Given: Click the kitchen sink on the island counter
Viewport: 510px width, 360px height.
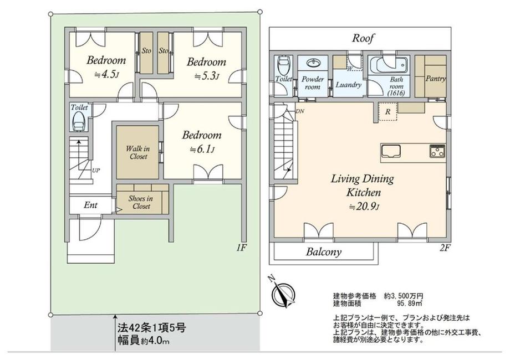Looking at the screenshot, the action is [391, 151].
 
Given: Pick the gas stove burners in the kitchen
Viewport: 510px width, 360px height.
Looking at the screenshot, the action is [437, 151].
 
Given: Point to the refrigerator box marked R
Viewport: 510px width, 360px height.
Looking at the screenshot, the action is [387, 112].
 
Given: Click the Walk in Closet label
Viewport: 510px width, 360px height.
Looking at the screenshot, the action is [138, 153].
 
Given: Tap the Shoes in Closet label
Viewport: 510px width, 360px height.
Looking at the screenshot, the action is [141, 202].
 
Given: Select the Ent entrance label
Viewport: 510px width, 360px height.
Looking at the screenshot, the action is [90, 205].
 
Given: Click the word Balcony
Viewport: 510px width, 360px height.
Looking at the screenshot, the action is [324, 252].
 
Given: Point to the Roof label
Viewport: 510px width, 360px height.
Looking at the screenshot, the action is [363, 38].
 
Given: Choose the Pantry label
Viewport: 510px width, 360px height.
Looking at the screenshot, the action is [436, 79].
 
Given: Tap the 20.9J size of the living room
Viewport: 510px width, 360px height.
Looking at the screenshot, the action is [365, 207].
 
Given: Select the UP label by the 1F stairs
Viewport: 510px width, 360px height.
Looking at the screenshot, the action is [95, 170].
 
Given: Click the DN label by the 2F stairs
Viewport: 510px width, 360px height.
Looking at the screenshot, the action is [299, 111].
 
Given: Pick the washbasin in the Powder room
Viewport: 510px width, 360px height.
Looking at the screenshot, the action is [313, 63].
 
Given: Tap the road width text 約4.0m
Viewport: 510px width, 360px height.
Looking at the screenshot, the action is [155, 342].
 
